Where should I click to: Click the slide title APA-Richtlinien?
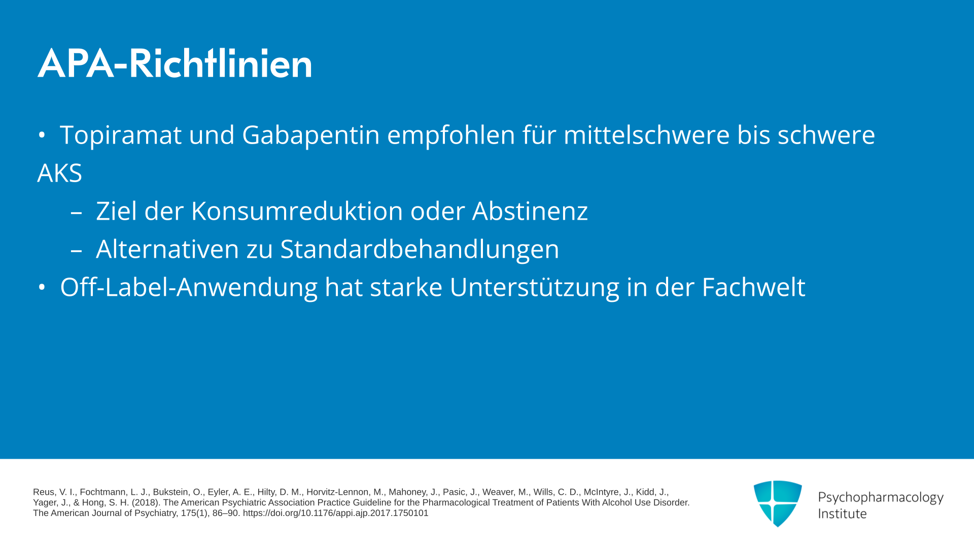(175, 63)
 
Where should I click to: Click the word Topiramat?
(121, 135)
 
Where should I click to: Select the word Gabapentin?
(311, 135)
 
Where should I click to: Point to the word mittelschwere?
(647, 135)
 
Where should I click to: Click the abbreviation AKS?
(60, 173)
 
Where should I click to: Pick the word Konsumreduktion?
(297, 211)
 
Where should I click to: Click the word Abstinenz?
(530, 211)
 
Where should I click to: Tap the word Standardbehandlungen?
(420, 249)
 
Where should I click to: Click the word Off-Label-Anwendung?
(189, 287)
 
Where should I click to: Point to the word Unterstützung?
(534, 287)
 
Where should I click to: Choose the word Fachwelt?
(753, 287)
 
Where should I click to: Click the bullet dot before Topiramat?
(42, 135)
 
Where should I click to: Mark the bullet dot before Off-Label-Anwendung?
(42, 287)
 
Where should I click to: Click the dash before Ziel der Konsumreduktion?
(76, 213)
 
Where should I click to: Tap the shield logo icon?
(778, 503)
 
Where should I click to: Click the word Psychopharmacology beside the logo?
(881, 498)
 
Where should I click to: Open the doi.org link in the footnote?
(335, 513)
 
